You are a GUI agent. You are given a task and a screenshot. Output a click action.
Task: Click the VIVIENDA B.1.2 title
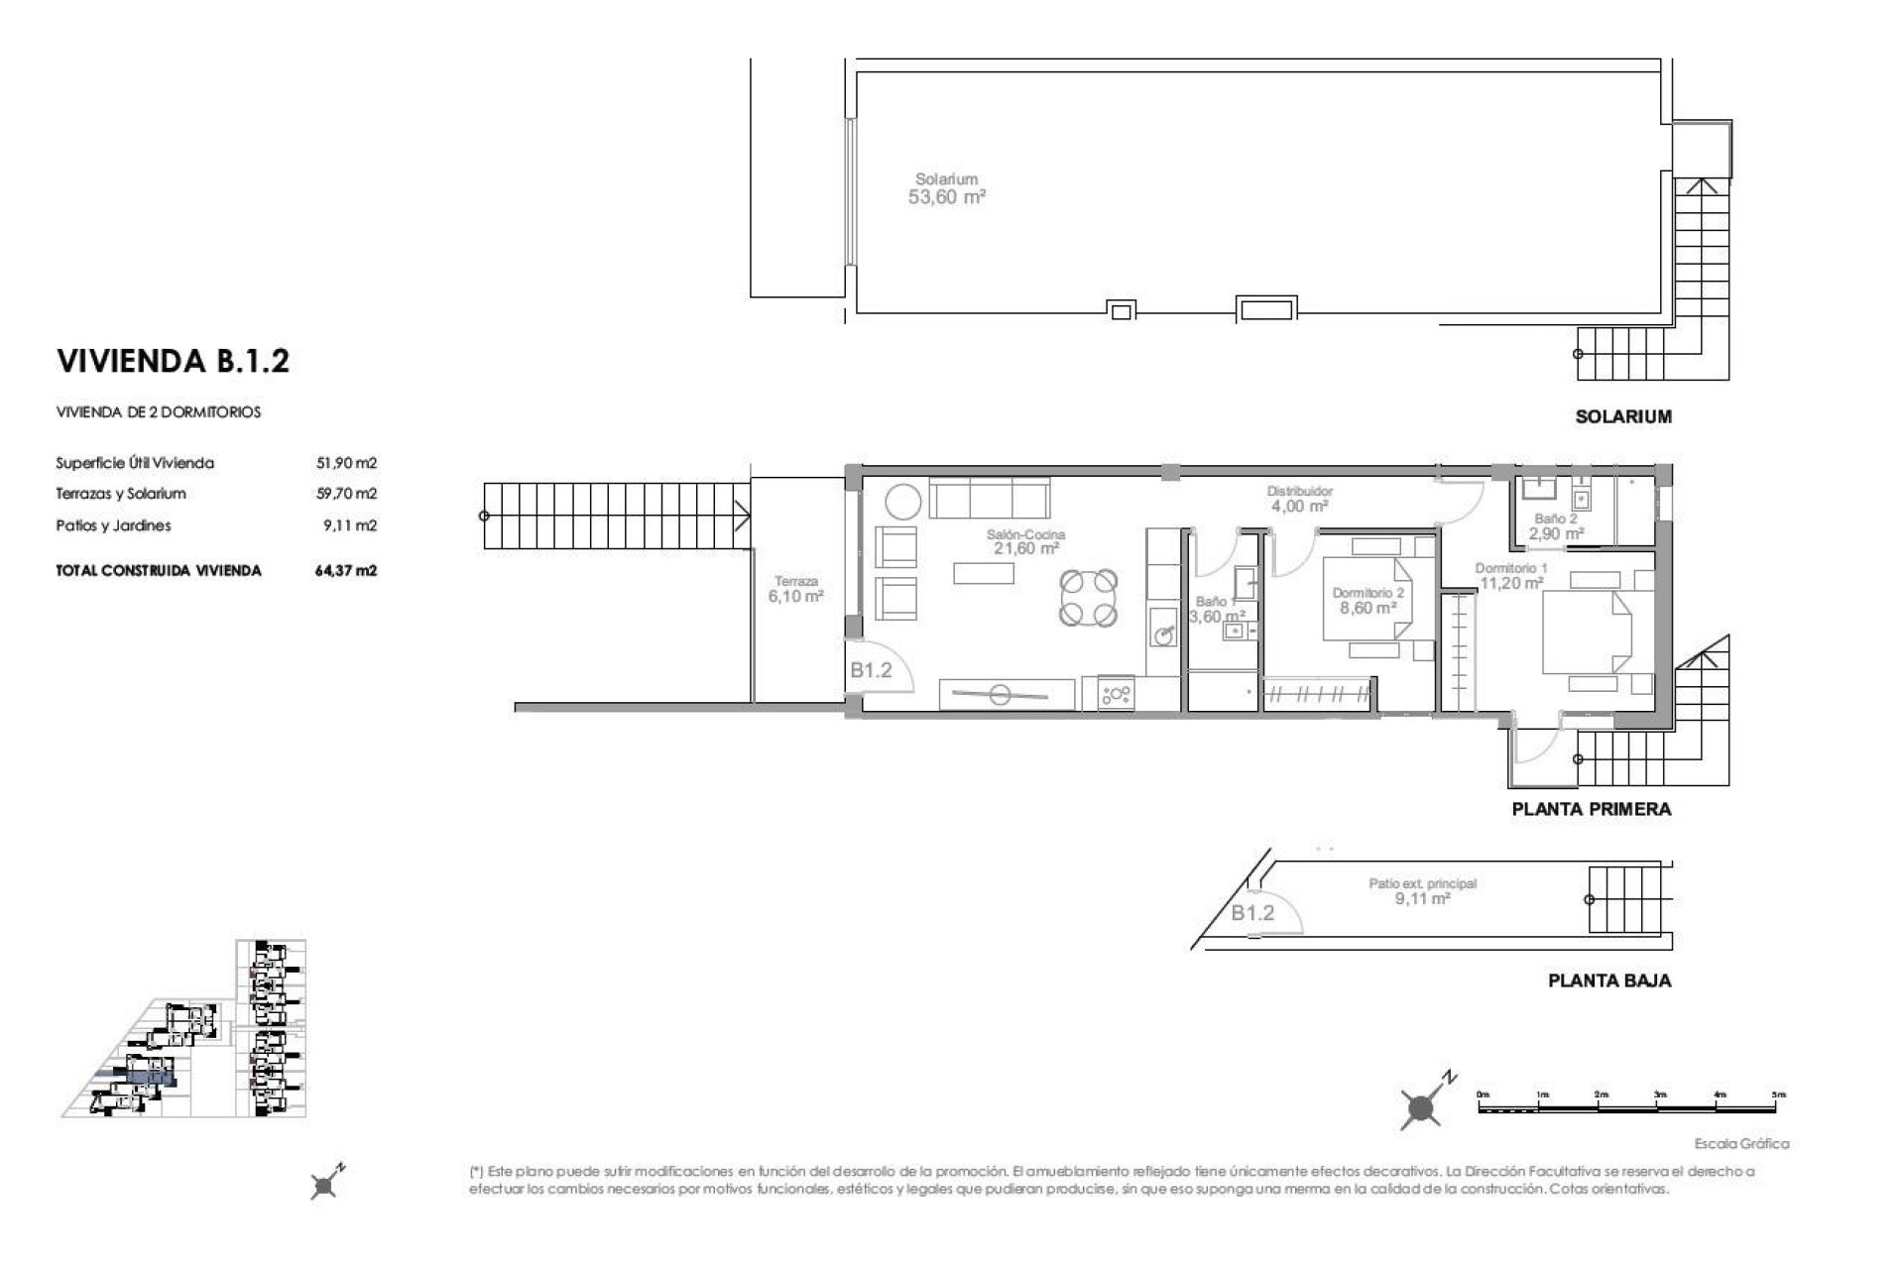pyautogui.click(x=174, y=361)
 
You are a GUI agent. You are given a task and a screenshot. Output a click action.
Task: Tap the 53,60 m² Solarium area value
pyautogui.click(x=947, y=197)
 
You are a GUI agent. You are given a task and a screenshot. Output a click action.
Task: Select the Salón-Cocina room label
pyautogui.click(x=1025, y=534)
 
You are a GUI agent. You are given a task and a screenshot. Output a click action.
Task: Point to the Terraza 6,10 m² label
pyautogui.click(x=796, y=591)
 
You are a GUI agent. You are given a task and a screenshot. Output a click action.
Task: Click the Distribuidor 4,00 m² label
pyautogui.click(x=1299, y=499)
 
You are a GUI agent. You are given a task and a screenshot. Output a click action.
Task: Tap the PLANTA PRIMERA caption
pyautogui.click(x=1591, y=809)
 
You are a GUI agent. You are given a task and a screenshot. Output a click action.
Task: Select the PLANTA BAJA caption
pyautogui.click(x=1609, y=981)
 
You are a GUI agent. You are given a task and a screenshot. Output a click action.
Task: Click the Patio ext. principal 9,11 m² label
pyautogui.click(x=1422, y=891)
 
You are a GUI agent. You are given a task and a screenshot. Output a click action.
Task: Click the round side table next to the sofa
pyautogui.click(x=903, y=501)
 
